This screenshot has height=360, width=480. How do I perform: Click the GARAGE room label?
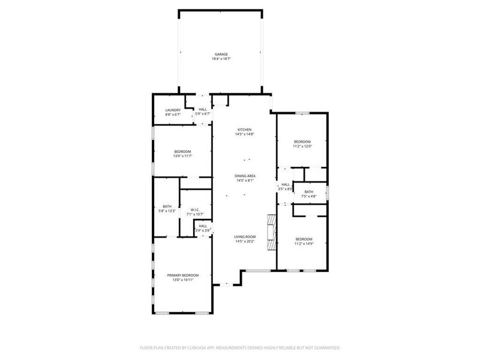tap(221, 54)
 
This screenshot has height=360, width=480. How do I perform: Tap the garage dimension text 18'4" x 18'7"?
tap(221, 59)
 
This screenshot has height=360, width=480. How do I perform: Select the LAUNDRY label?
tap(173, 110)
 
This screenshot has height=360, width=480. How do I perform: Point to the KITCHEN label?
tap(244, 130)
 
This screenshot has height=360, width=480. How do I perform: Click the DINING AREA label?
tap(244, 176)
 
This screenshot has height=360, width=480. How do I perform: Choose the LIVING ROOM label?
tap(245, 236)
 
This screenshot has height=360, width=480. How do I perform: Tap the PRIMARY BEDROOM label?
tap(182, 275)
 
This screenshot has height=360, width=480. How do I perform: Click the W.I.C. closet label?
tap(194, 209)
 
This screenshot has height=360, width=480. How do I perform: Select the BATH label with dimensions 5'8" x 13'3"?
tap(167, 206)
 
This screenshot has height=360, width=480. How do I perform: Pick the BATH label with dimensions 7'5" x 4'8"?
tap(308, 191)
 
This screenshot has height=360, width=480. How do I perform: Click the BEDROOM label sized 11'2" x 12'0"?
tap(302, 142)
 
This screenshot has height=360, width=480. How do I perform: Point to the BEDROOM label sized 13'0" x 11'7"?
tap(182, 151)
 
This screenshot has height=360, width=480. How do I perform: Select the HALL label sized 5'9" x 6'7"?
tap(203, 109)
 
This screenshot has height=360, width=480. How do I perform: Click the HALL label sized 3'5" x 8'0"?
tap(286, 184)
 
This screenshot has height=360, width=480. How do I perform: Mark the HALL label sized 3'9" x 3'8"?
tap(203, 226)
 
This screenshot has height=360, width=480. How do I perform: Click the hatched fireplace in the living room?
tap(272, 232)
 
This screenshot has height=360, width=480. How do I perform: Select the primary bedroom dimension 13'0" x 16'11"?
tap(182, 280)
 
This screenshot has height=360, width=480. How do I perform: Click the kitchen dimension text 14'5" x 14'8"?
tap(244, 134)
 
